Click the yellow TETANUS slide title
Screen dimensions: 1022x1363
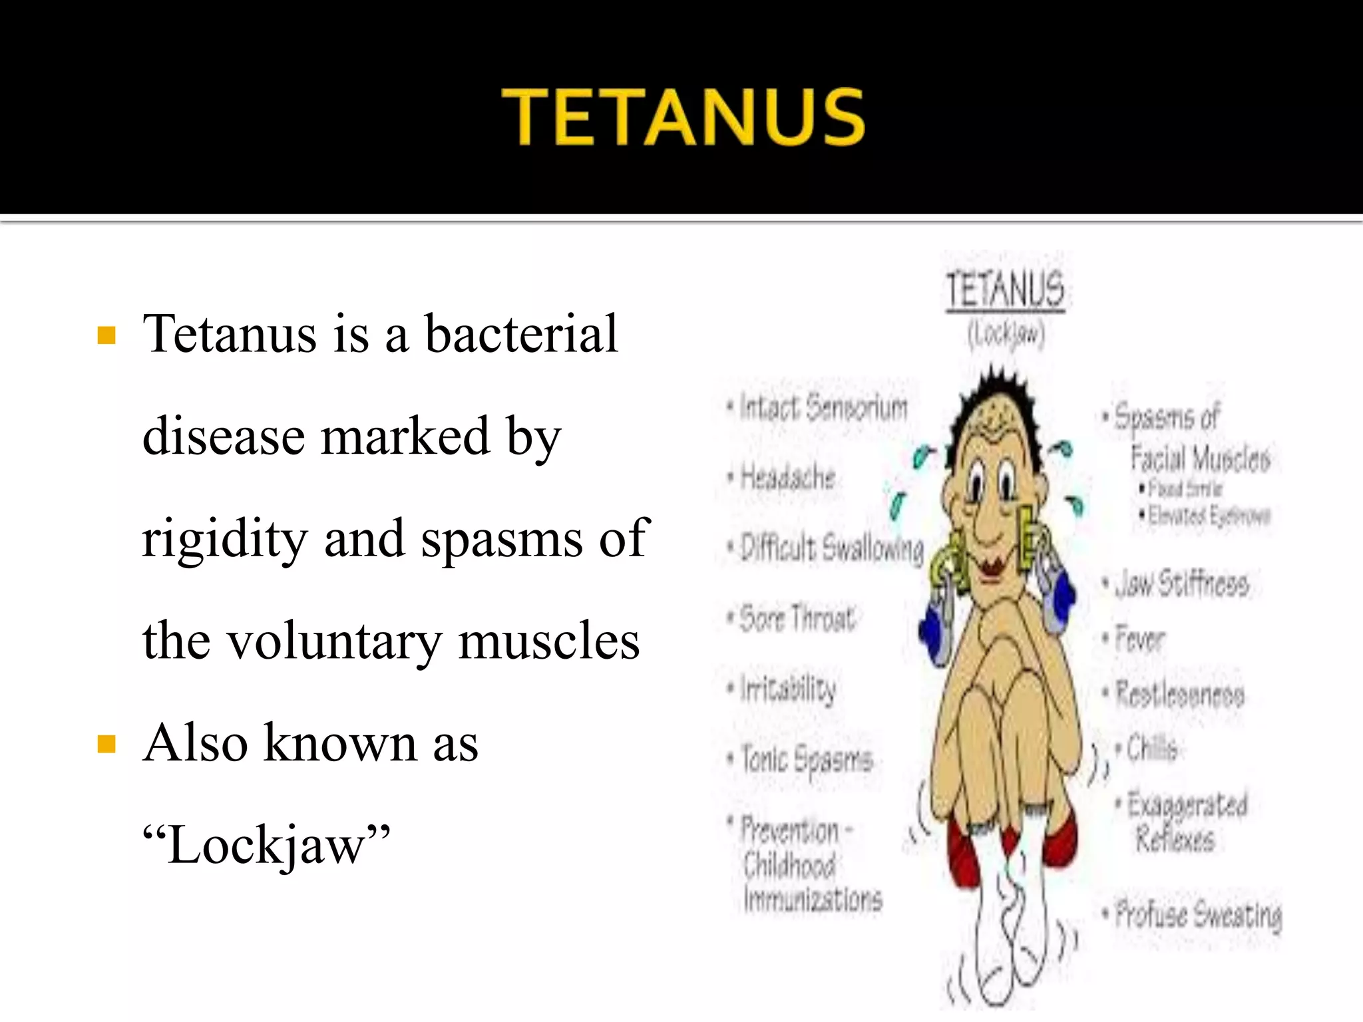click(683, 117)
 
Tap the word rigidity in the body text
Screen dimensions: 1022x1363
click(224, 538)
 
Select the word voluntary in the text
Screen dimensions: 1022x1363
click(335, 641)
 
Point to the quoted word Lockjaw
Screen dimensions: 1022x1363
click(266, 846)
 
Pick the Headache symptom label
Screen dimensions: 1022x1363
click(787, 477)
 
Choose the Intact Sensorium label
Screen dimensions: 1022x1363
click(823, 407)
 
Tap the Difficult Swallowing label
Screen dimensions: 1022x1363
click(832, 548)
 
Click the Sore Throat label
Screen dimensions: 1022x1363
click(797, 618)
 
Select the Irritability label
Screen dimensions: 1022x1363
click(788, 689)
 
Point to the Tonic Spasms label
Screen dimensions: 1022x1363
click(807, 759)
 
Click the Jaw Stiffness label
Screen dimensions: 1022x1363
click(1181, 584)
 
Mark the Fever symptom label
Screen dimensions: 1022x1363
click(1139, 639)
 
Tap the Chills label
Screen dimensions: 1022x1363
click(1151, 749)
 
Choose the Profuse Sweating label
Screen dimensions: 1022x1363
click(1198, 914)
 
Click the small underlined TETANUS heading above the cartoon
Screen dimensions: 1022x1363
click(1006, 291)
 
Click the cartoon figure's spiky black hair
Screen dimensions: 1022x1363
click(998, 393)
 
